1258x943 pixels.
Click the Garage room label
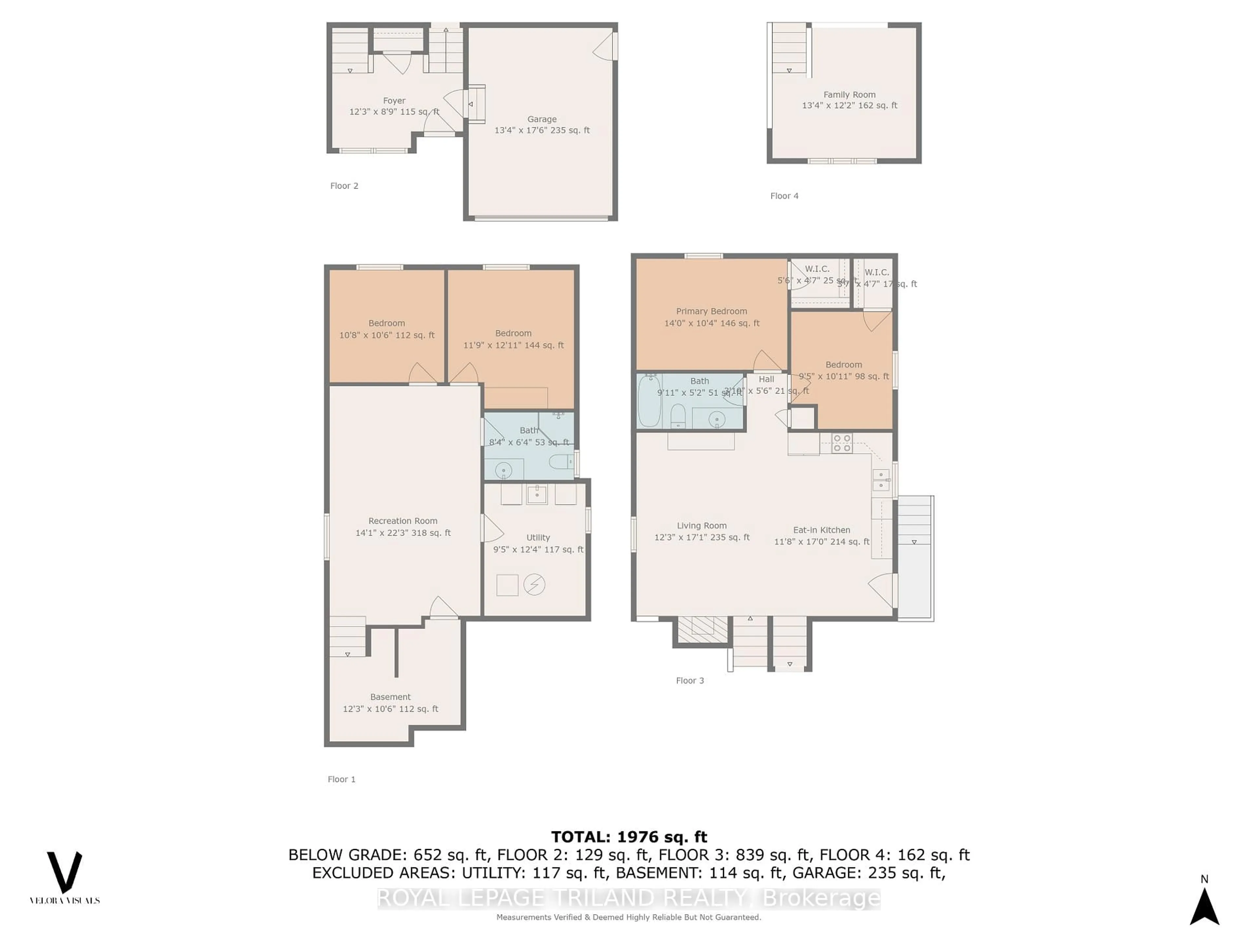tap(542, 120)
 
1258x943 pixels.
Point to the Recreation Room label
tap(403, 521)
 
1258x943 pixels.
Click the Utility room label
tap(538, 538)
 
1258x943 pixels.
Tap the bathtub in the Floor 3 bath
tap(649, 401)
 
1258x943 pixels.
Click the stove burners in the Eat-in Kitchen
tap(841, 443)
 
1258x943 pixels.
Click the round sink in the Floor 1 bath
tap(503, 470)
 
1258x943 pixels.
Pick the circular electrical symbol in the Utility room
tap(534, 584)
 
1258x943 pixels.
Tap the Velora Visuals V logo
tap(64, 871)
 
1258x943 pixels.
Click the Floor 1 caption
tap(341, 779)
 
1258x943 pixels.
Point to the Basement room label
tap(390, 697)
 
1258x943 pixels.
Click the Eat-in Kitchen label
tap(821, 530)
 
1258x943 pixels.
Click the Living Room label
tap(701, 526)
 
